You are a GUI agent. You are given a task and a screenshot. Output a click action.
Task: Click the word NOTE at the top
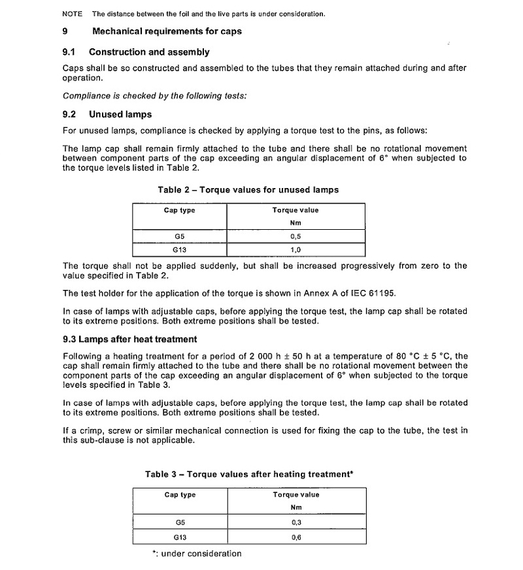tap(73, 14)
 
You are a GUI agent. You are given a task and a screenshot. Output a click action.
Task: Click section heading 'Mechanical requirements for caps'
tap(167, 31)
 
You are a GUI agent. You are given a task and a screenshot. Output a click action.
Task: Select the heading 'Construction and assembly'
tap(149, 52)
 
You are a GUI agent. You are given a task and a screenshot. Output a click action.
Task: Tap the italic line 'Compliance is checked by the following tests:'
tap(154, 96)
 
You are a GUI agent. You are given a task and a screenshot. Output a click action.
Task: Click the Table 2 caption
tap(248, 190)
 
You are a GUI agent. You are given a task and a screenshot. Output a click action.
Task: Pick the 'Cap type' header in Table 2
tap(179, 210)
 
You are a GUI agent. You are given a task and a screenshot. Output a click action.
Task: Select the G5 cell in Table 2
tap(179, 237)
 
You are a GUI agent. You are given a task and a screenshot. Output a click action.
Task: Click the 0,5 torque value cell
tap(295, 237)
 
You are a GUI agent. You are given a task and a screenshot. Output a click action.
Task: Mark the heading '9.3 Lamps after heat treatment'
tap(129, 340)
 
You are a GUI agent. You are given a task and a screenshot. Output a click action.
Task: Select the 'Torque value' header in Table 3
tap(295, 495)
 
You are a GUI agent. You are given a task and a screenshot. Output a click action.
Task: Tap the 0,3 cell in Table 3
tap(295, 522)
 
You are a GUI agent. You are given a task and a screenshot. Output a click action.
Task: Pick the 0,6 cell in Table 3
tap(295, 537)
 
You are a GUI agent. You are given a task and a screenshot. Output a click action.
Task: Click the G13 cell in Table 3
tap(180, 537)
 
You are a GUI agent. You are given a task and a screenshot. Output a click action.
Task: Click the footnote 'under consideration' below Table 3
tap(200, 554)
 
